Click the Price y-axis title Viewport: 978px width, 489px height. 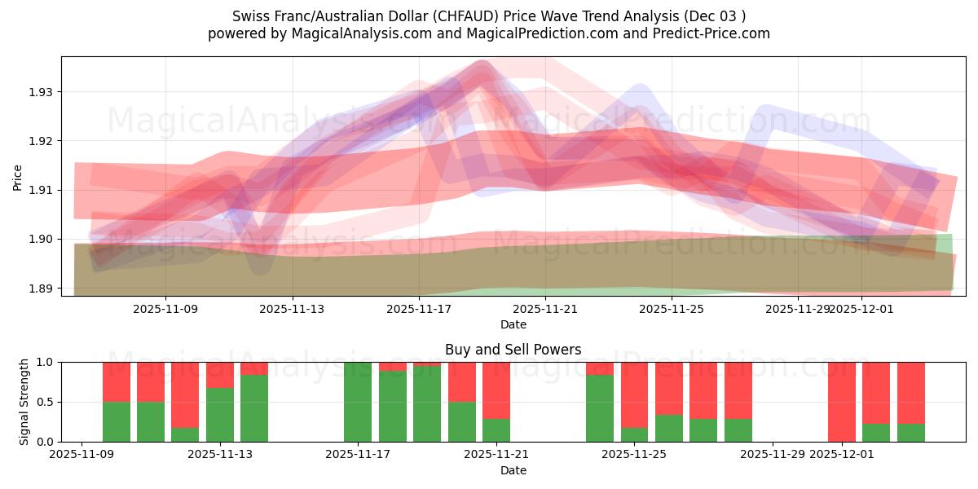17,177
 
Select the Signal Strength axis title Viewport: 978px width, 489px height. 24,402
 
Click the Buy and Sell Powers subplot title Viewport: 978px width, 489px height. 513,350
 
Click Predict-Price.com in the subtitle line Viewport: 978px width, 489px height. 717,33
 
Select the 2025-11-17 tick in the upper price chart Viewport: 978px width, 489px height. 419,309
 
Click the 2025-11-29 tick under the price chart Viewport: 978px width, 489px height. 799,309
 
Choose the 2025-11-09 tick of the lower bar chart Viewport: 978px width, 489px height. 81,455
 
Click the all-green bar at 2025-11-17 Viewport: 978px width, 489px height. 358,402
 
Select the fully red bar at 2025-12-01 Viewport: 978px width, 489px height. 842,402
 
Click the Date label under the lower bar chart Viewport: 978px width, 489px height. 513,470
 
